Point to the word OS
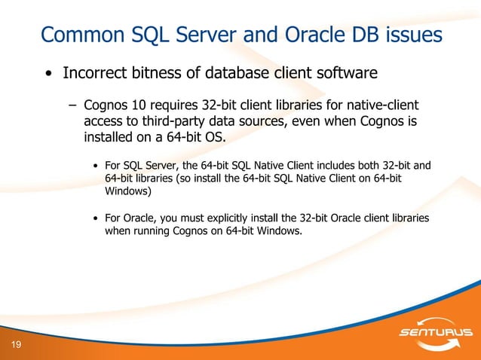pos(214,138)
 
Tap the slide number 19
pos(16,345)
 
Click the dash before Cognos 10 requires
pos(73,105)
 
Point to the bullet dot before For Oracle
pos(95,218)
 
